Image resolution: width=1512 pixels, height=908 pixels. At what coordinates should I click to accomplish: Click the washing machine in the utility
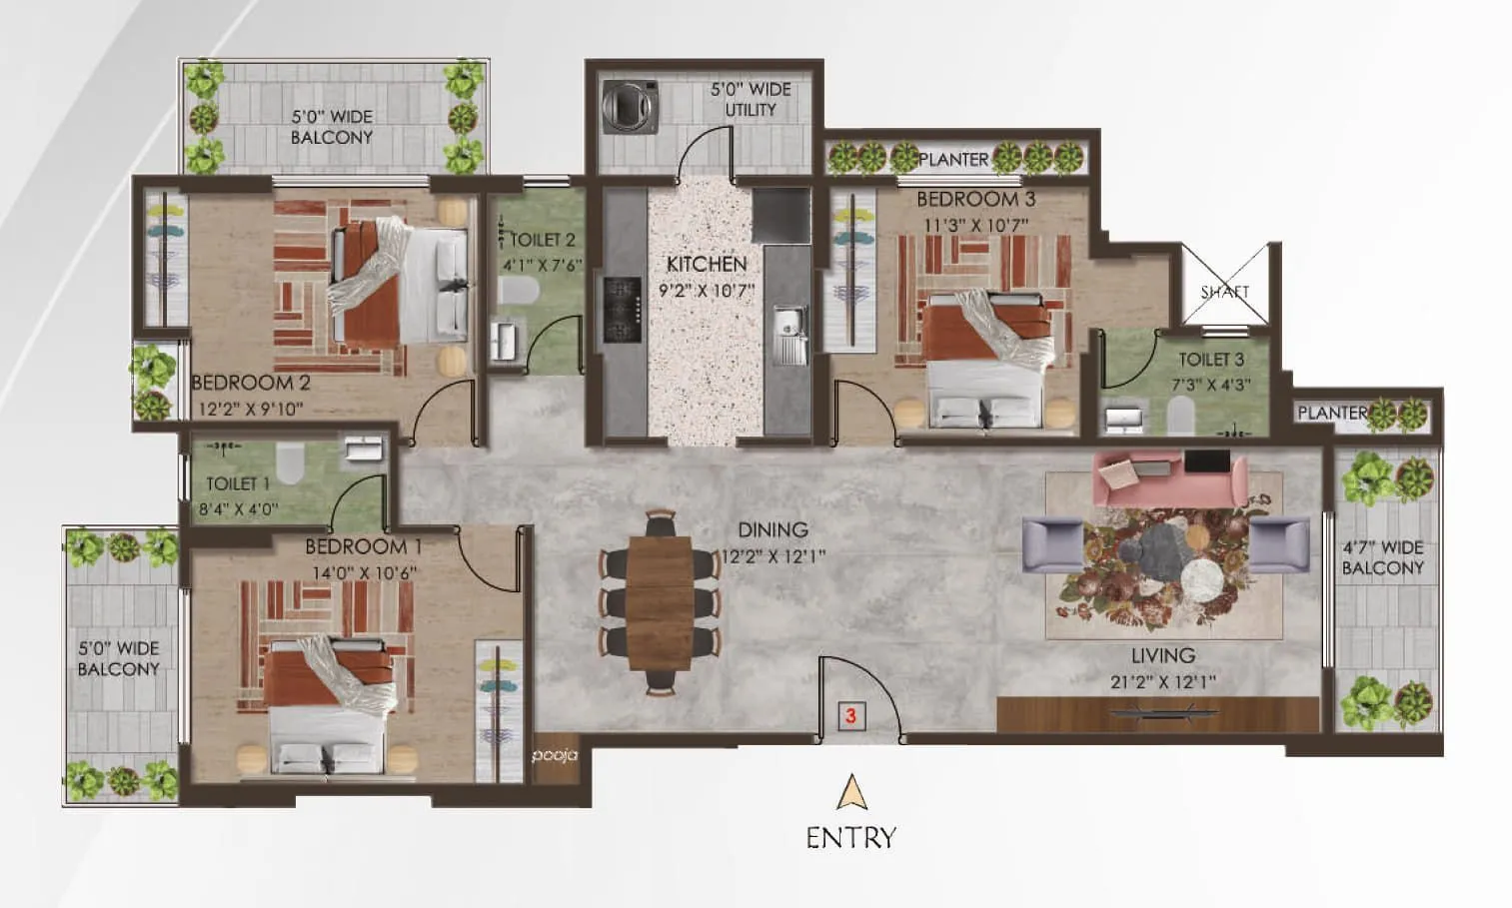tap(632, 106)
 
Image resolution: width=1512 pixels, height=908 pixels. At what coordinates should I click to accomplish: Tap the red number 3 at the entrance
tap(850, 716)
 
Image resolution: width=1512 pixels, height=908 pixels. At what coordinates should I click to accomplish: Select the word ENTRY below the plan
tap(850, 837)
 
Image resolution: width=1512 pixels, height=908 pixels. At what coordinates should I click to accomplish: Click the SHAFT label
tap(1225, 292)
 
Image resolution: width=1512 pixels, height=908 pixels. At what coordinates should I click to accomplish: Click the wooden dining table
tap(660, 605)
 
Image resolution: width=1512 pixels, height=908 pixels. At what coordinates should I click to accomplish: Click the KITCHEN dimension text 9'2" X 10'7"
tap(707, 291)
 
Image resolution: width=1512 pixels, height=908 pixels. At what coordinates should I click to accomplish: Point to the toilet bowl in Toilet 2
tap(519, 291)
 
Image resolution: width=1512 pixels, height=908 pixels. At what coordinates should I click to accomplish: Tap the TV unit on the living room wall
tap(1157, 713)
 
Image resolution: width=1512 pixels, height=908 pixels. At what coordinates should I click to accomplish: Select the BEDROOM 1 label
tap(363, 546)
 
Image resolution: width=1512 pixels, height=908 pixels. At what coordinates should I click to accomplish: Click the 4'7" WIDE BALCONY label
tap(1382, 557)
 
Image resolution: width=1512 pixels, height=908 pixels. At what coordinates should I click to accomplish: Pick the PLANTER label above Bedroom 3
tap(952, 159)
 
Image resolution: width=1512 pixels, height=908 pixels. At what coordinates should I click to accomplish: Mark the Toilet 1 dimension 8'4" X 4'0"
tap(242, 508)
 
